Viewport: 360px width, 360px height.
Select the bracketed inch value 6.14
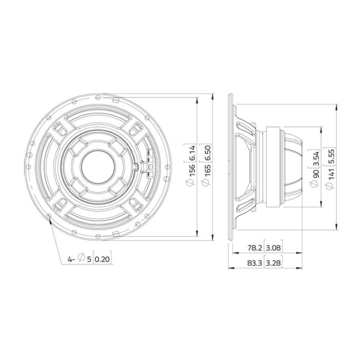pos(191,155)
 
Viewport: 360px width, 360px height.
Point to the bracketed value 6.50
pos(205,155)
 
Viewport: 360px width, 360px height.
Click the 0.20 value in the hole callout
pos(101,259)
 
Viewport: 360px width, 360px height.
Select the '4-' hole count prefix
pos(71,259)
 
